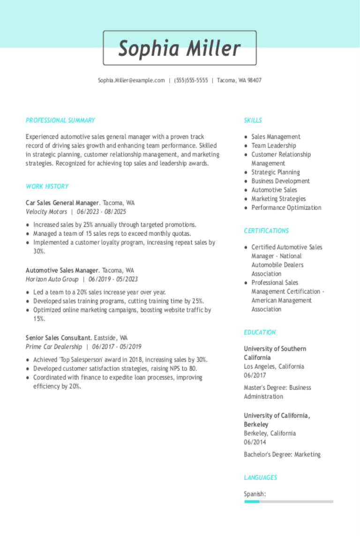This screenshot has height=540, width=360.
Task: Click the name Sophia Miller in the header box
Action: pyautogui.click(x=180, y=48)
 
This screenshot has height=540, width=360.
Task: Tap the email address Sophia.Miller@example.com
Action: pyautogui.click(x=131, y=81)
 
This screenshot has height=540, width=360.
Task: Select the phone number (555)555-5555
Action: pyautogui.click(x=191, y=81)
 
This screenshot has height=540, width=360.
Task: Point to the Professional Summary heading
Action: pyautogui.click(x=60, y=120)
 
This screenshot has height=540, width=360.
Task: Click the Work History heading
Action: pyautogui.click(x=47, y=187)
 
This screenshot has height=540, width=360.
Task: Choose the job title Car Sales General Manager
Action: pyautogui.click(x=62, y=203)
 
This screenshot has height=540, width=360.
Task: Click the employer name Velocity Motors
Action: pyautogui.click(x=46, y=212)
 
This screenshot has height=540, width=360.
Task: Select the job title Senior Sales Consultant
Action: pyautogui.click(x=58, y=338)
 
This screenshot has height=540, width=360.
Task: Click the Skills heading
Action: pyautogui.click(x=253, y=120)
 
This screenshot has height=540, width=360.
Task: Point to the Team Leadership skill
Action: pyautogui.click(x=274, y=146)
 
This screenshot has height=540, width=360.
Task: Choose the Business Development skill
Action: pyautogui.click(x=280, y=181)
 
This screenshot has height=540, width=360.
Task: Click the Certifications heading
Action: pyautogui.click(x=266, y=231)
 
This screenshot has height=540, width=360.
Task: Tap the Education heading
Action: pyautogui.click(x=260, y=332)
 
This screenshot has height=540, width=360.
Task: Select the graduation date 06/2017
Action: pyautogui.click(x=255, y=375)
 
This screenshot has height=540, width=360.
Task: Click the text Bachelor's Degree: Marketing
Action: pyautogui.click(x=282, y=455)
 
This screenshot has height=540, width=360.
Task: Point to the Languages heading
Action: pyautogui.click(x=260, y=478)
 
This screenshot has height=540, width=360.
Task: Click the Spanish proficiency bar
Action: pyautogui.click(x=289, y=502)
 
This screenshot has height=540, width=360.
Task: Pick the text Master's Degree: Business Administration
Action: pyautogui.click(x=277, y=392)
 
